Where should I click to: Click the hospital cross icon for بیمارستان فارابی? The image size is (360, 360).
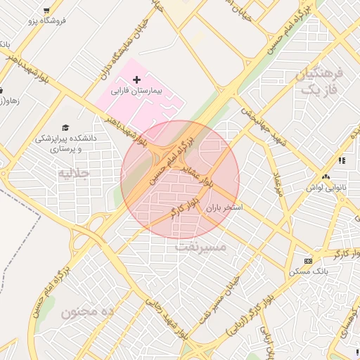136,82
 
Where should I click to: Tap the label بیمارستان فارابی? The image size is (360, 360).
137,92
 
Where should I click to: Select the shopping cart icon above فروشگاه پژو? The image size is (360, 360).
46,11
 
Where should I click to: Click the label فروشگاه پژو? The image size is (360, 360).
47,21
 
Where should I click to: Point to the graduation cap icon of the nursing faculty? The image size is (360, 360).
65,128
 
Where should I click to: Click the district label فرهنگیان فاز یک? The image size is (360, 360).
319,82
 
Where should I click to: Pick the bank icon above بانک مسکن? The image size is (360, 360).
307,261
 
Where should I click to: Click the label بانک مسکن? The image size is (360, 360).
307,271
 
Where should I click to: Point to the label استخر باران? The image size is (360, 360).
224,208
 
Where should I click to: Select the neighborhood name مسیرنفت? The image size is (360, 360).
200,247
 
